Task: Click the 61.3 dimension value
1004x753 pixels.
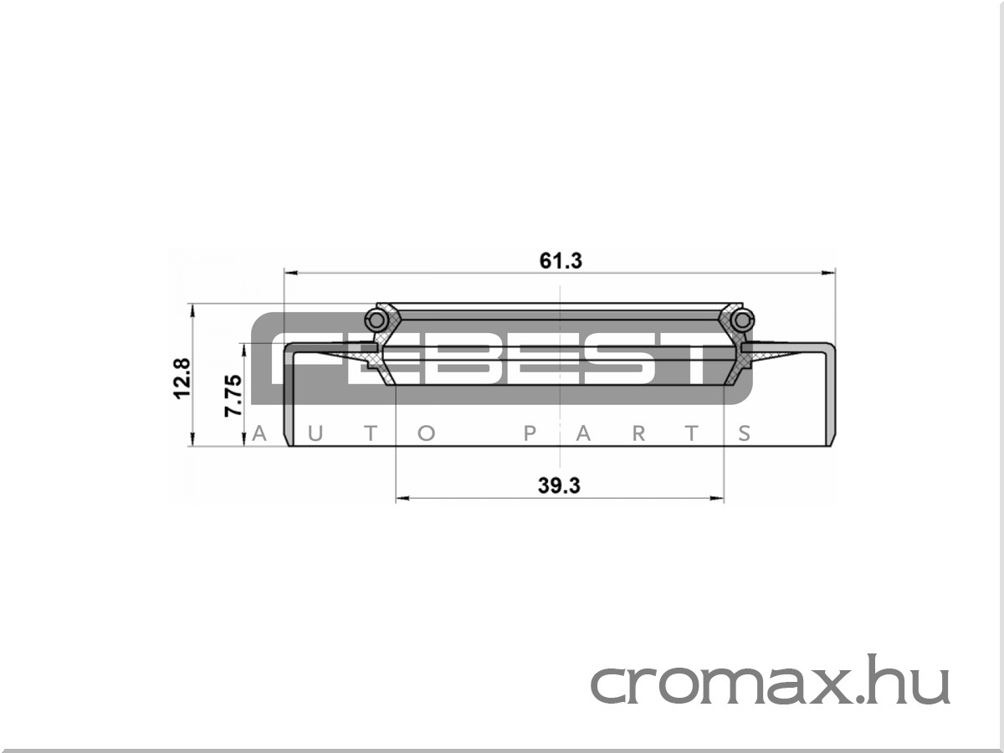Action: coord(561,261)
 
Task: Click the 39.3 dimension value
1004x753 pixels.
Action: coord(559,485)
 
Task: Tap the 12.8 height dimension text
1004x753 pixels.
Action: coord(182,378)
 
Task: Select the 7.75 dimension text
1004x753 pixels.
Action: coord(233,395)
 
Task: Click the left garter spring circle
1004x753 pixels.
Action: coord(376,320)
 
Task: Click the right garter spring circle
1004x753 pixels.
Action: coord(742,320)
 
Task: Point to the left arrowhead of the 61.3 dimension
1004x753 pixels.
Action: coord(291,273)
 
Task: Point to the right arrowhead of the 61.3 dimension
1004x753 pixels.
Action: coord(828,273)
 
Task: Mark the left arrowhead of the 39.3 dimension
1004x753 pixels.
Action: coord(403,498)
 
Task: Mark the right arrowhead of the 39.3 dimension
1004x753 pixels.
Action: coord(717,498)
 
